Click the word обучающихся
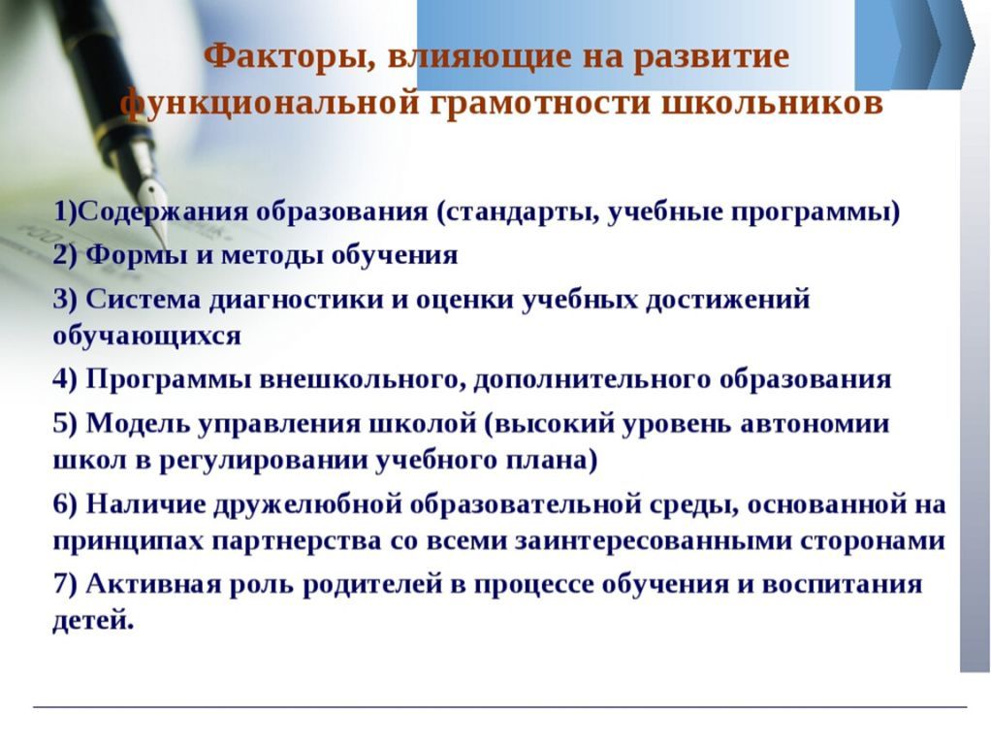pos(146,337)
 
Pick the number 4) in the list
pos(64,379)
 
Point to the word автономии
pos(815,424)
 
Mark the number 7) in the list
pos(64,584)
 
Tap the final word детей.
pos(93,621)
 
